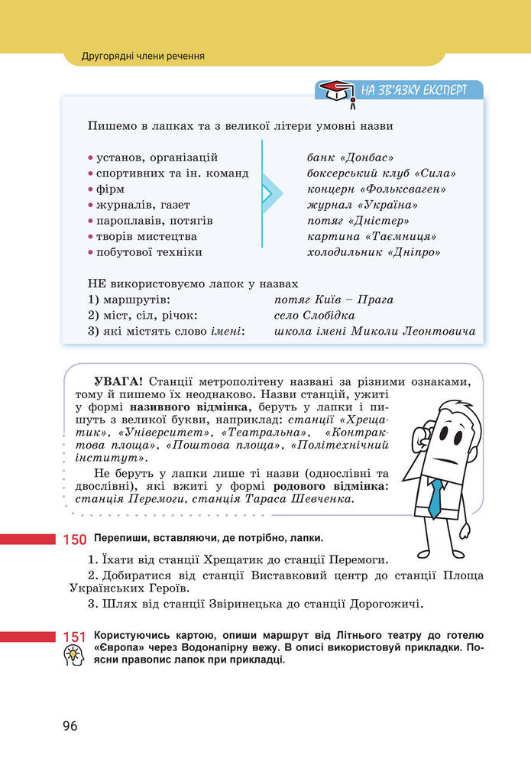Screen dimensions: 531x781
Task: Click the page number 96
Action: coord(70,726)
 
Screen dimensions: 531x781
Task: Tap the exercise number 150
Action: coord(74,540)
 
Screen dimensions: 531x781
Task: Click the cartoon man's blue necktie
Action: coord(435,497)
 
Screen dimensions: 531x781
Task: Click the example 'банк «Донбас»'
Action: coord(350,157)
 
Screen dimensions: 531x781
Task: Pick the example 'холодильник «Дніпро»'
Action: coord(374,251)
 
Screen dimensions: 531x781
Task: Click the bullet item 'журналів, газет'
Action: coord(142,205)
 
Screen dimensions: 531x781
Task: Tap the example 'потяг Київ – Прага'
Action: coord(333,300)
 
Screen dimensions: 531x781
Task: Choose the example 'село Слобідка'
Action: coord(314,315)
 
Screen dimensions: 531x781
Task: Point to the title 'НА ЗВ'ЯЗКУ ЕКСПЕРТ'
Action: coord(413,89)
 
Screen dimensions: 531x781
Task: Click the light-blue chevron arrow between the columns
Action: coord(269,194)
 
